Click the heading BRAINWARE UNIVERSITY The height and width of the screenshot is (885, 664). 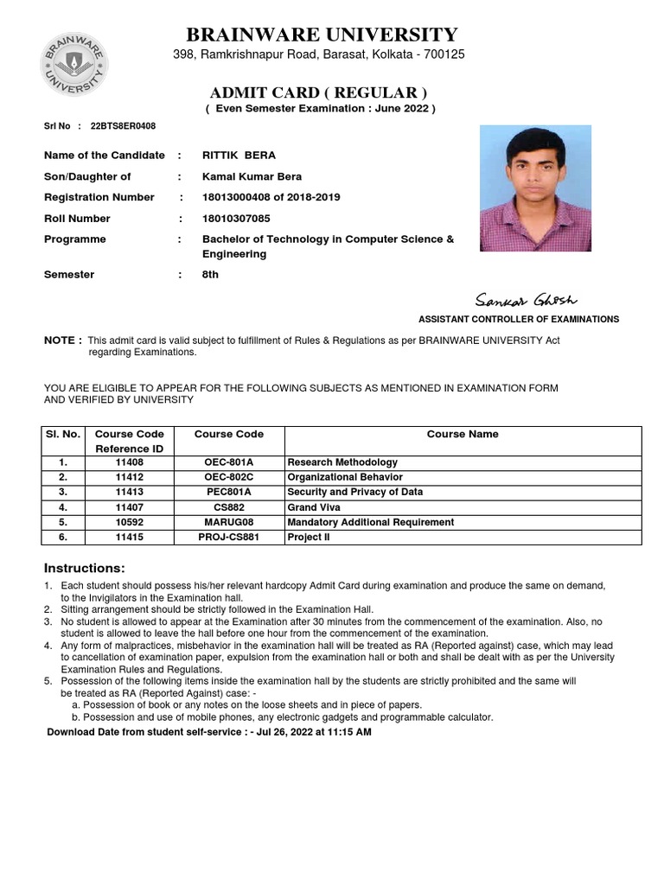[322, 35]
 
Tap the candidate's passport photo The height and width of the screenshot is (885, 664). [535, 188]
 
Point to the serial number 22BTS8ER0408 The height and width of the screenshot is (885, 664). [123, 125]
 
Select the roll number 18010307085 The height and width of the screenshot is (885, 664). [236, 219]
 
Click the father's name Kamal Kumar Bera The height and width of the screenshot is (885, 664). [246, 176]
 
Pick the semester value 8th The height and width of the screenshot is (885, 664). [210, 275]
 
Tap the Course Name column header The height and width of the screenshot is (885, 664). [463, 435]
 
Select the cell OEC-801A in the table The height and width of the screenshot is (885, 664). [228, 462]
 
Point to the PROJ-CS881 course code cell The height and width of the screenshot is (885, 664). [228, 537]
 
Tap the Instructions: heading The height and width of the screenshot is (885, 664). [85, 568]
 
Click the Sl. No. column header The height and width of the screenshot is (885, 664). [63, 435]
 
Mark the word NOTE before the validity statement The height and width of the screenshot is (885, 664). [62, 340]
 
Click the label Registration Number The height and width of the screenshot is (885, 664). [99, 197]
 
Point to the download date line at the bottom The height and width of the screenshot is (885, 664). [208, 732]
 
